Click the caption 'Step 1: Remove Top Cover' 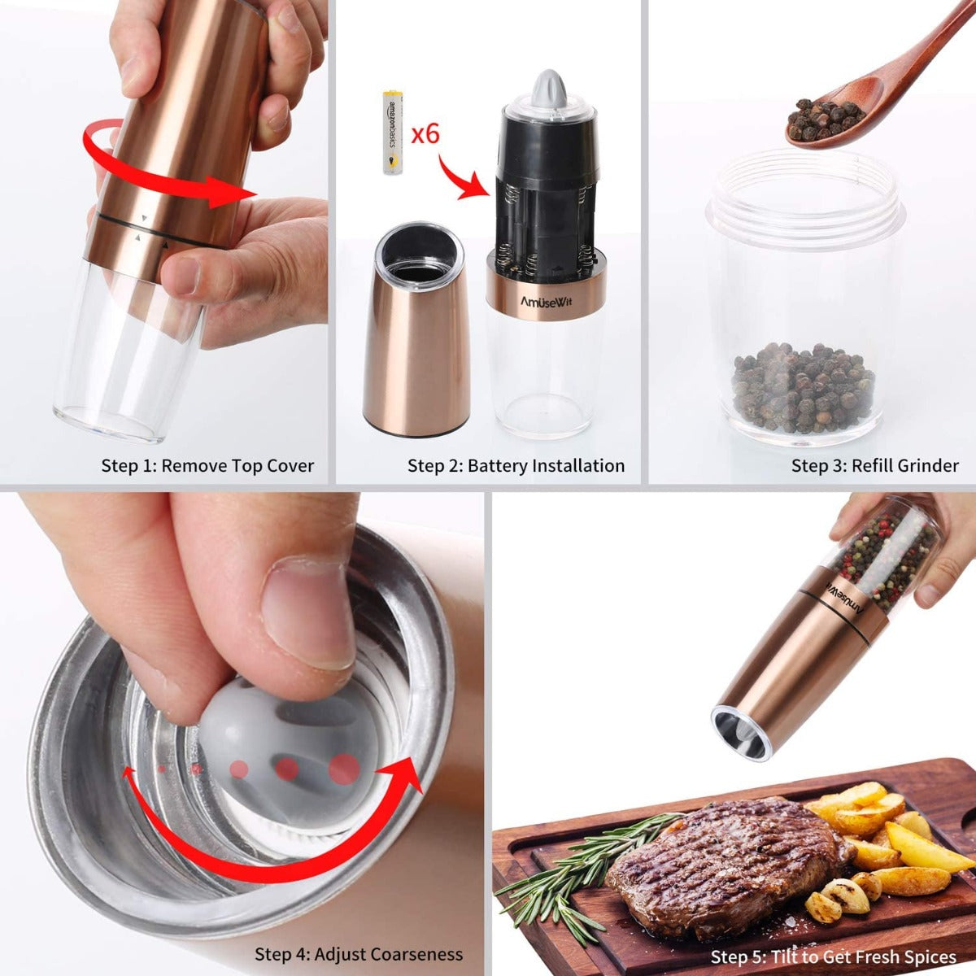[207, 466]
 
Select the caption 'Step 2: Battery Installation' [516, 466]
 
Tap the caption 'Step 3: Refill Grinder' [875, 466]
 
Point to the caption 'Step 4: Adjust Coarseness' [359, 954]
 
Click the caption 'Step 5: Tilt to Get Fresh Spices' [834, 956]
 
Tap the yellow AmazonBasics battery [392, 133]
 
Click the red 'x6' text [425, 133]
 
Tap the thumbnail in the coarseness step [309, 610]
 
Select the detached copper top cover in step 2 [416, 333]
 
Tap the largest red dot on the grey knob [344, 767]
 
